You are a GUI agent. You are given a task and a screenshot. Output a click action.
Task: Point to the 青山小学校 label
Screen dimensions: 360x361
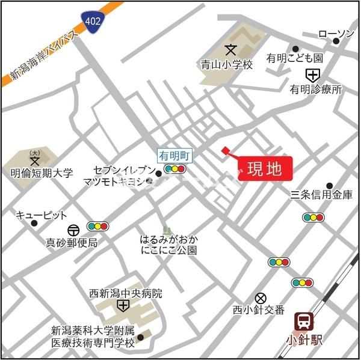(x=226, y=63)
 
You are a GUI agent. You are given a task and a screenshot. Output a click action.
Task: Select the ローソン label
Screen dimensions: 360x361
(x=336, y=34)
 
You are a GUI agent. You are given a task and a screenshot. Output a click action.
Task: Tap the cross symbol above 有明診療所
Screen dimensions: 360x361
(x=312, y=75)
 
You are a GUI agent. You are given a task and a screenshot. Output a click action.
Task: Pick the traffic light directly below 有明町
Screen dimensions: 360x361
(x=174, y=169)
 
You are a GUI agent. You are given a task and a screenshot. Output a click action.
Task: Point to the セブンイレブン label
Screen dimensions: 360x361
(x=124, y=170)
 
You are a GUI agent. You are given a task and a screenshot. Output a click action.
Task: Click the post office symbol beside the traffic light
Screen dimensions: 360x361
(x=73, y=229)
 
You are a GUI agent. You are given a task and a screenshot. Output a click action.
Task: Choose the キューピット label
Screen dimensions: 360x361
(x=42, y=215)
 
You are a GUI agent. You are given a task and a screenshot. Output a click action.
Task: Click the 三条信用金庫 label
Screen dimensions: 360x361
(x=321, y=195)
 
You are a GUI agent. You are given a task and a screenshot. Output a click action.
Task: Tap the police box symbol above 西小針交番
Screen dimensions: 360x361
(x=261, y=297)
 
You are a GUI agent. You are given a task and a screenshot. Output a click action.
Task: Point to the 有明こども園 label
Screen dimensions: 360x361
(x=295, y=59)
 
